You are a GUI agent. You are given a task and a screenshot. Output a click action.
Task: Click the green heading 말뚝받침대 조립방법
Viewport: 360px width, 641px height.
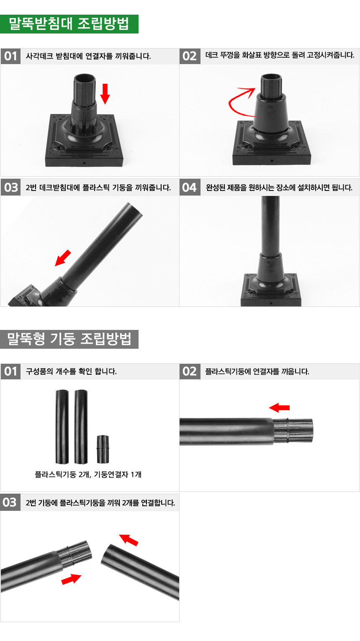tap(69, 24)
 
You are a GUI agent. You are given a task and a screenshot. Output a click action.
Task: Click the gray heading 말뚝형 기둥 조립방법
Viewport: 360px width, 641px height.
tap(69, 339)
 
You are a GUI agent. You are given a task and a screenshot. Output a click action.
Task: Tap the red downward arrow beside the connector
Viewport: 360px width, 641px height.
tap(105, 94)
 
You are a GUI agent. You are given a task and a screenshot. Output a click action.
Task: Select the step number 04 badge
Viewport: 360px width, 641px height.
tap(190, 188)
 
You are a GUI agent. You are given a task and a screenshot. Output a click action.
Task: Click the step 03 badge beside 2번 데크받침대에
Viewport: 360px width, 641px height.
tap(10, 188)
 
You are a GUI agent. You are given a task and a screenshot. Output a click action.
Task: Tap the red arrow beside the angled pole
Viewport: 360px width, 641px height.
tap(63, 258)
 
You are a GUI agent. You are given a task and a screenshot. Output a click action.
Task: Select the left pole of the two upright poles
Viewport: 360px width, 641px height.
tap(62, 426)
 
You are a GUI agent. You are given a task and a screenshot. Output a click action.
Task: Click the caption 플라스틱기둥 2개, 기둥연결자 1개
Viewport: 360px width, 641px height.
tap(88, 474)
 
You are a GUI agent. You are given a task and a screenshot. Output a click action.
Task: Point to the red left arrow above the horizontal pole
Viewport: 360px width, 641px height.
tap(280, 407)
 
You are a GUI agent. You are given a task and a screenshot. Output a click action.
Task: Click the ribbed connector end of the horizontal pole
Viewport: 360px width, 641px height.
tap(293, 431)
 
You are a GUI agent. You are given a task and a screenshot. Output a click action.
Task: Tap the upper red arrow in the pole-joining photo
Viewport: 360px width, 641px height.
tap(129, 540)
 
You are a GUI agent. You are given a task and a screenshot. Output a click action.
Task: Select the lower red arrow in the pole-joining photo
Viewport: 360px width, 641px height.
tap(71, 579)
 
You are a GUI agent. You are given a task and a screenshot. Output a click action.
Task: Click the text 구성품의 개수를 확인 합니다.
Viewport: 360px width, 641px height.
tap(71, 371)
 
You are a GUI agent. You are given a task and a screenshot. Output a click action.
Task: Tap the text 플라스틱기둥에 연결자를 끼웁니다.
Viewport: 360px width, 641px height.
tap(257, 371)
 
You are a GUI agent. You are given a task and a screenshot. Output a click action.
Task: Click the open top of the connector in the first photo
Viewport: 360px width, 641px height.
tap(85, 77)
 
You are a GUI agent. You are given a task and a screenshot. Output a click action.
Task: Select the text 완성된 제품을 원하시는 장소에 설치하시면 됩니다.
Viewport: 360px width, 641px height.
tap(279, 188)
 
